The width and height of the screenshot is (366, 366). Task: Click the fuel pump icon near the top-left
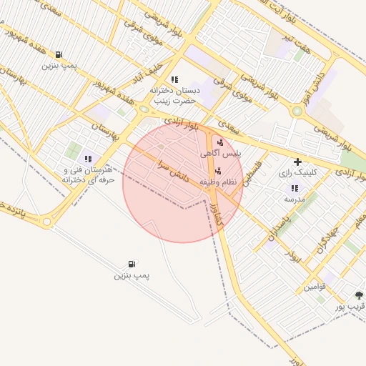tap(58, 54)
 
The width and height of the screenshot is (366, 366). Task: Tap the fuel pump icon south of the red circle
tap(132, 264)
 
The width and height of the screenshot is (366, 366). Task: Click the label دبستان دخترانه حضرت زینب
tap(172, 97)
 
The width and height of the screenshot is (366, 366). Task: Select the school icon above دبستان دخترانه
tap(174, 79)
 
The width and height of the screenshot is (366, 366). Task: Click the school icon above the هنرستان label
tap(88, 159)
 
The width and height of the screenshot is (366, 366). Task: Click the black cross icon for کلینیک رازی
tap(297, 162)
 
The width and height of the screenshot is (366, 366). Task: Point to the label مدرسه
tap(295, 199)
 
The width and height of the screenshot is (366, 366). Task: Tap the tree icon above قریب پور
tap(359, 295)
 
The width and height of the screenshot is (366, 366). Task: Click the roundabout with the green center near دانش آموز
tap(297, 111)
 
